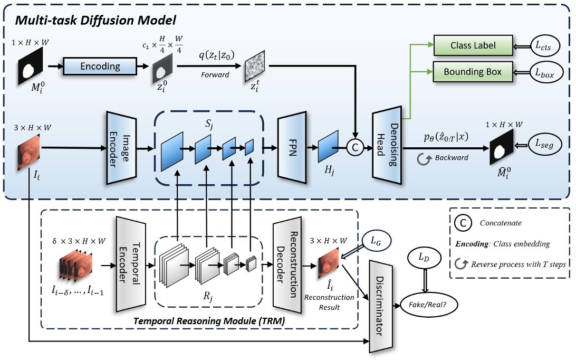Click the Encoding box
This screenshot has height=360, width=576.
tap(100, 67)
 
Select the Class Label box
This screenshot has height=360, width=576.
tap(473, 45)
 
